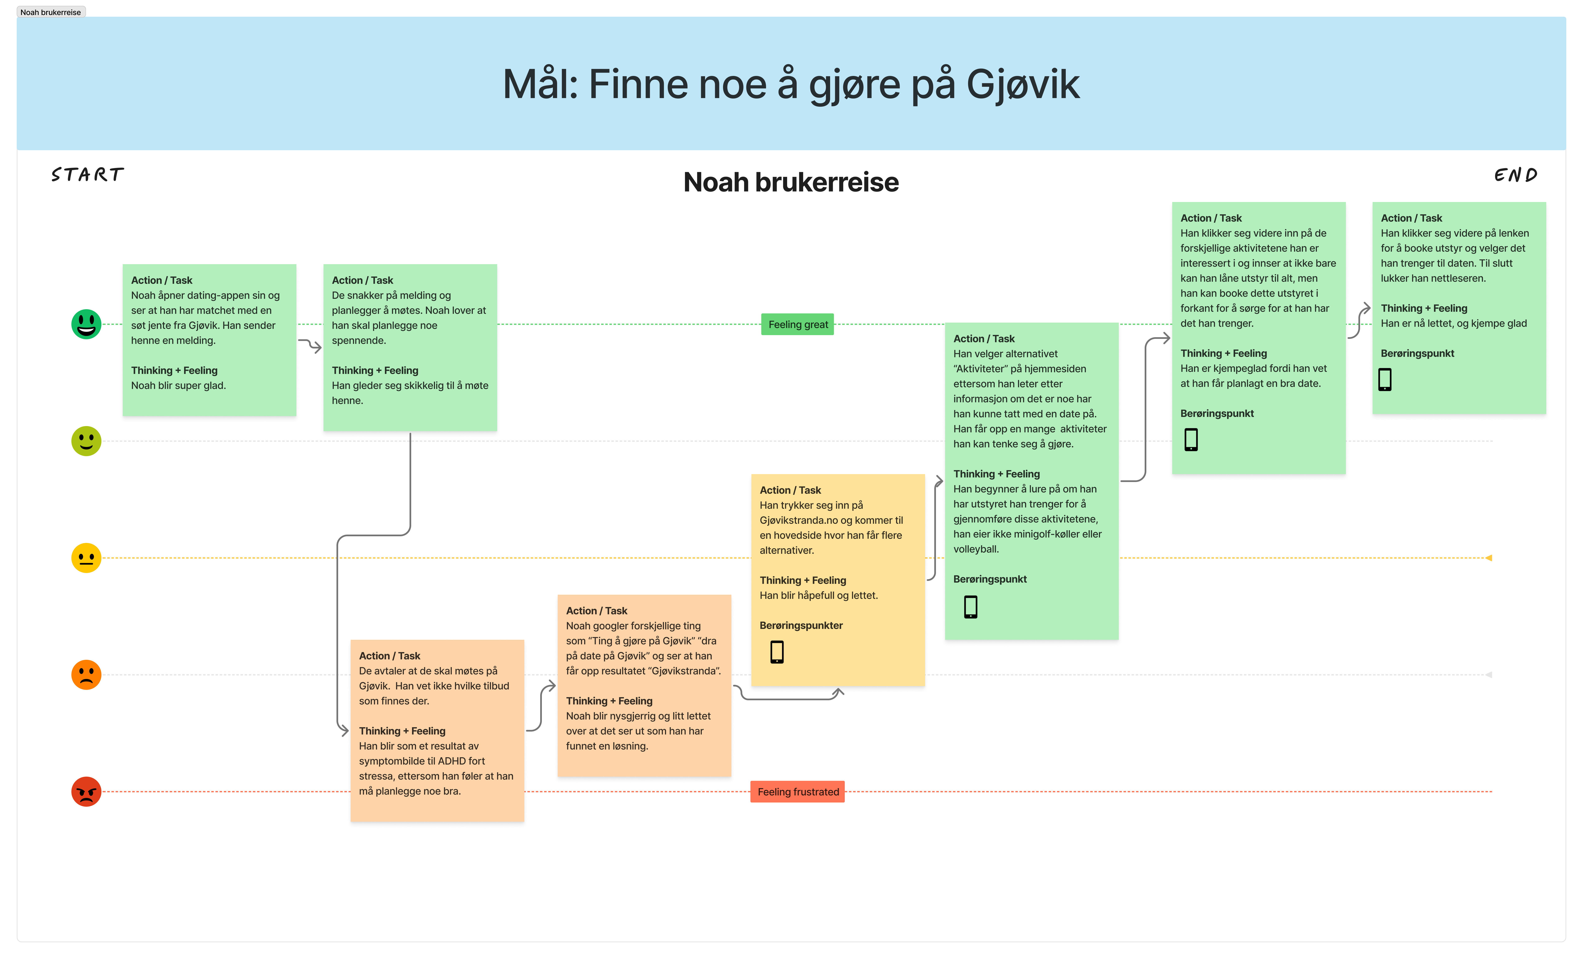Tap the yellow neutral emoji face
point(86,558)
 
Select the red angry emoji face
point(86,791)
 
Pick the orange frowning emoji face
point(86,674)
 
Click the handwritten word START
point(87,175)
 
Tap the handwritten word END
point(1516,175)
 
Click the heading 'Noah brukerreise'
point(791,182)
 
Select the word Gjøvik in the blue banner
point(1023,85)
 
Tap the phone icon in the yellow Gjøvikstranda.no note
point(777,652)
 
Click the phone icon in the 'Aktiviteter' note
point(971,606)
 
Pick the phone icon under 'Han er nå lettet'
point(1385,380)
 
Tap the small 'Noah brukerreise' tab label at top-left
point(51,12)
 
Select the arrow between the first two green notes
point(310,346)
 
